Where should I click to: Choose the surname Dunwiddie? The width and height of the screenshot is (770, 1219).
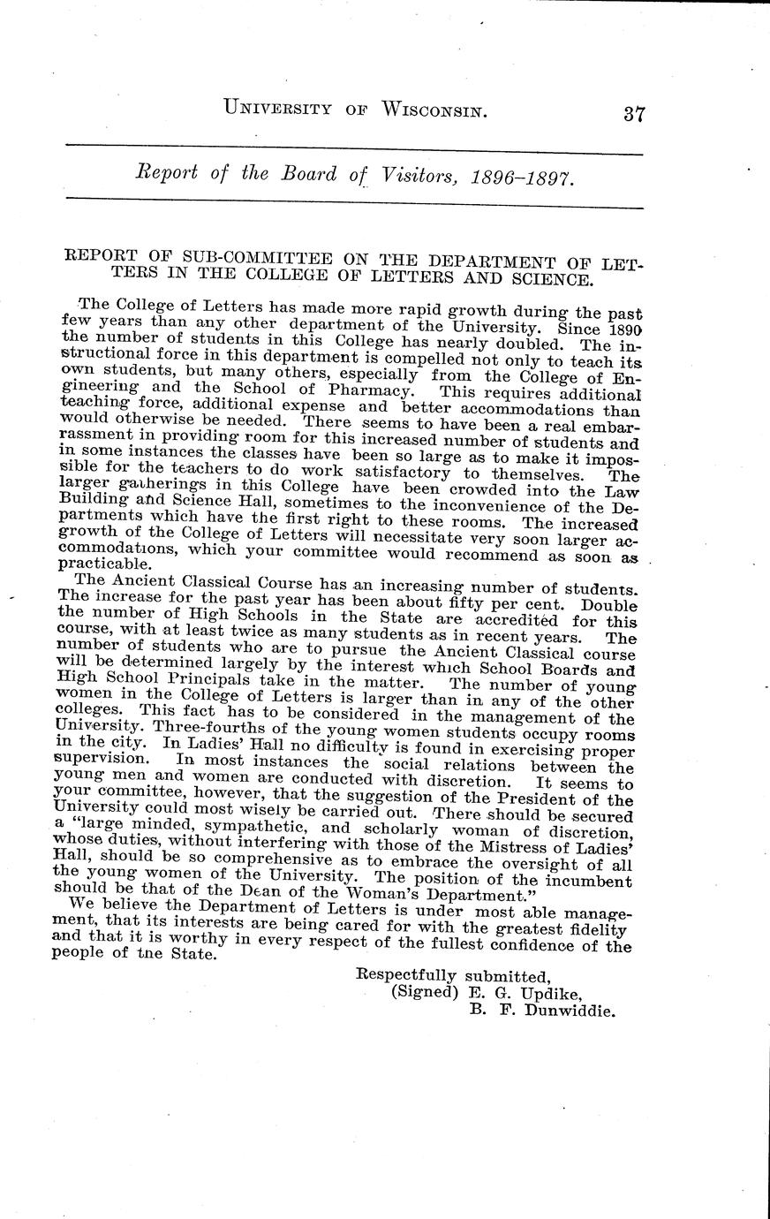coord(569,1011)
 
